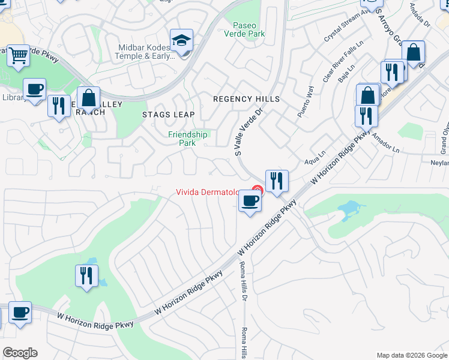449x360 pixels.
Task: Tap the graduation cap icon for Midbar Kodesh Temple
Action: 181,41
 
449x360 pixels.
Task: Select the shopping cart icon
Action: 19,56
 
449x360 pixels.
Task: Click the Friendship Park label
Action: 187,139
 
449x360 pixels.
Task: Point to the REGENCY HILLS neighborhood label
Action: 247,98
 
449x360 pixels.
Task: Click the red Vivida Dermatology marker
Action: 256,191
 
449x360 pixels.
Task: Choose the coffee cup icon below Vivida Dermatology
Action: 250,201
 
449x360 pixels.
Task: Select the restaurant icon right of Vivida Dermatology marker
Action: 277,181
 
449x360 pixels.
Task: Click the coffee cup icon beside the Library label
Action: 35,89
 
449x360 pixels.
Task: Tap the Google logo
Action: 20,353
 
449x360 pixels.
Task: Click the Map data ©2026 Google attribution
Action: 411,355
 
